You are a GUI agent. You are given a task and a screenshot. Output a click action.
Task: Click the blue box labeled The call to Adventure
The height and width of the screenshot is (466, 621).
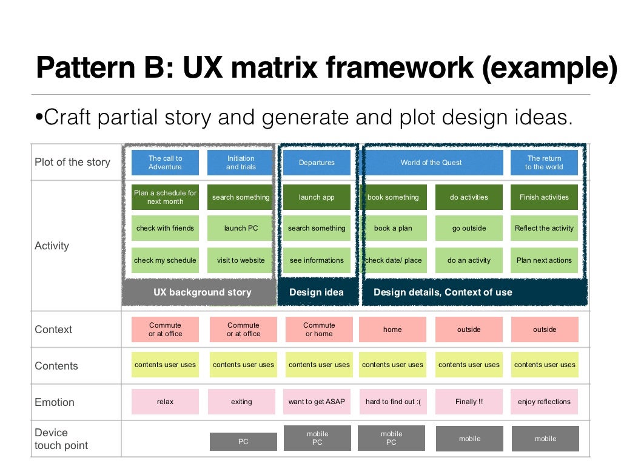pyautogui.click(x=165, y=163)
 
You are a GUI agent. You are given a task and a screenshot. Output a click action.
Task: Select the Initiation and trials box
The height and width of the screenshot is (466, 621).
pyautogui.click(x=241, y=163)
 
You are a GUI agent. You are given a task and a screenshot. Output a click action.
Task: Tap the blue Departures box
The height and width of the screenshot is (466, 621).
pyautogui.click(x=317, y=163)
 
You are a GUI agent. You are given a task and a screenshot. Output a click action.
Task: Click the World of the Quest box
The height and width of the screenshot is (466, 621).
pyautogui.click(x=431, y=163)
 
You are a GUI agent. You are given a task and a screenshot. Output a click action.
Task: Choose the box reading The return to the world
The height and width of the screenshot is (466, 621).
pyautogui.click(x=544, y=163)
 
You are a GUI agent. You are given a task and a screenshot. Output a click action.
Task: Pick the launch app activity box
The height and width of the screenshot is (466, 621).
pyautogui.click(x=317, y=197)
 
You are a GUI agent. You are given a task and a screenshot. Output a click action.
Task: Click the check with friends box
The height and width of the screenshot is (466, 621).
pyautogui.click(x=165, y=228)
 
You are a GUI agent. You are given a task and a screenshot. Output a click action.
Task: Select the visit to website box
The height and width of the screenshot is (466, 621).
pyautogui.click(x=241, y=260)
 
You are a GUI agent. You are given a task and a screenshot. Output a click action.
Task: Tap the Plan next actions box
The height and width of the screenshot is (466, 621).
pyautogui.click(x=544, y=260)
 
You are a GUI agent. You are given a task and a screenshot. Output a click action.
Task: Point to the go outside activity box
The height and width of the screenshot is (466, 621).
pyautogui.click(x=469, y=228)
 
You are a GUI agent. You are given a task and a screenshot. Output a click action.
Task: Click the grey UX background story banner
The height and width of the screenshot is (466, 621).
pyautogui.click(x=202, y=292)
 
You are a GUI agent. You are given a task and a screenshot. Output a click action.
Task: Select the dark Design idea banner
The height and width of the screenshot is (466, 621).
pyautogui.click(x=317, y=292)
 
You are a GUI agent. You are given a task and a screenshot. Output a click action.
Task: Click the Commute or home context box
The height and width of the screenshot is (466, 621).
pyautogui.click(x=319, y=329)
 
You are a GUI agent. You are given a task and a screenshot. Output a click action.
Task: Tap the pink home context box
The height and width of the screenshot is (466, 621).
pyautogui.click(x=392, y=329)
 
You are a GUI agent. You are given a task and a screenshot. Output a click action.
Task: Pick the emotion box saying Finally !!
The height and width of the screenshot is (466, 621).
pyautogui.click(x=469, y=402)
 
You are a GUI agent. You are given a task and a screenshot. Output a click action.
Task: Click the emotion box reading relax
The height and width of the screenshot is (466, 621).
pyautogui.click(x=165, y=402)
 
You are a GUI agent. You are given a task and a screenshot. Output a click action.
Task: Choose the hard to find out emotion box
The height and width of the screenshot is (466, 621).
pyautogui.click(x=392, y=402)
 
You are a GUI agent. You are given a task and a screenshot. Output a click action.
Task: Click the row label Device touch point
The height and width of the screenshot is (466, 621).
pyautogui.click(x=61, y=439)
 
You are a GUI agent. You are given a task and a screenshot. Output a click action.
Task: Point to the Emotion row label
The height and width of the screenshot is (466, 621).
pyautogui.click(x=55, y=402)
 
